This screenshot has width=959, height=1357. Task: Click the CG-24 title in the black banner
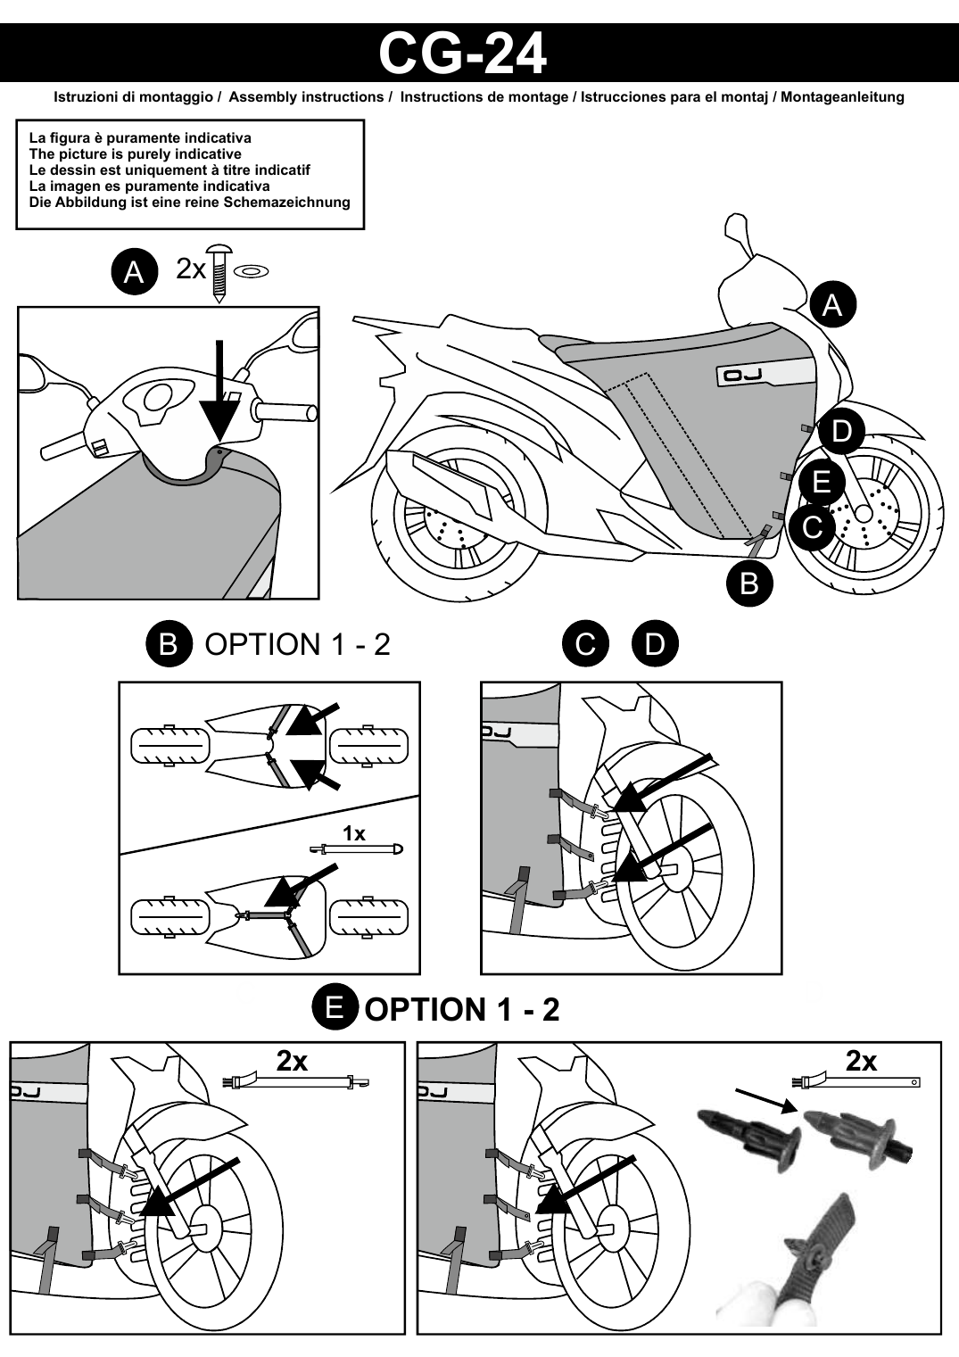tap(462, 54)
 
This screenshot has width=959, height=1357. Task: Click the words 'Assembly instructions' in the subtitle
tap(306, 97)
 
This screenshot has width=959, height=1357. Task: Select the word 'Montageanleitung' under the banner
tap(842, 97)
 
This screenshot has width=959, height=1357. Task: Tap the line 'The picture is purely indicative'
tap(135, 153)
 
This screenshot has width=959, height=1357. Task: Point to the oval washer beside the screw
tap(250, 272)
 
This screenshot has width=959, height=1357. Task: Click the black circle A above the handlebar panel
tap(134, 272)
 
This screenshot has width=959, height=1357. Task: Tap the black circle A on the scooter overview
tap(833, 305)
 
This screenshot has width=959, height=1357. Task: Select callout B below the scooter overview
tap(749, 583)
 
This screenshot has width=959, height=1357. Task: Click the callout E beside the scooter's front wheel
tap(821, 482)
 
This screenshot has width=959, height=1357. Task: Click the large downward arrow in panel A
tap(219, 392)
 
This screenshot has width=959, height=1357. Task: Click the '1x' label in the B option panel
tap(354, 833)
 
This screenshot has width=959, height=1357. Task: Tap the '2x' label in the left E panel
tap(292, 1060)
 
